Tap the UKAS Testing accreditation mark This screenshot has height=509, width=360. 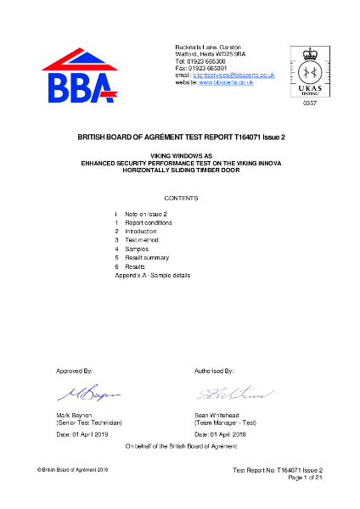(307, 71)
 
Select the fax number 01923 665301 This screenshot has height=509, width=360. (206, 69)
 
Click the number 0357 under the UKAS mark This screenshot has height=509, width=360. (308, 102)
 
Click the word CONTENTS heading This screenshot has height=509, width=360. (179, 198)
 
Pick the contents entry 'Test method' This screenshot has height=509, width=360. (142, 240)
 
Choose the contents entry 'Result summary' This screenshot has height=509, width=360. (147, 257)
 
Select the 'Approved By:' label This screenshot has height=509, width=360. (74, 372)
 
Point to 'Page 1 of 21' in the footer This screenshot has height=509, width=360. (301, 478)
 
